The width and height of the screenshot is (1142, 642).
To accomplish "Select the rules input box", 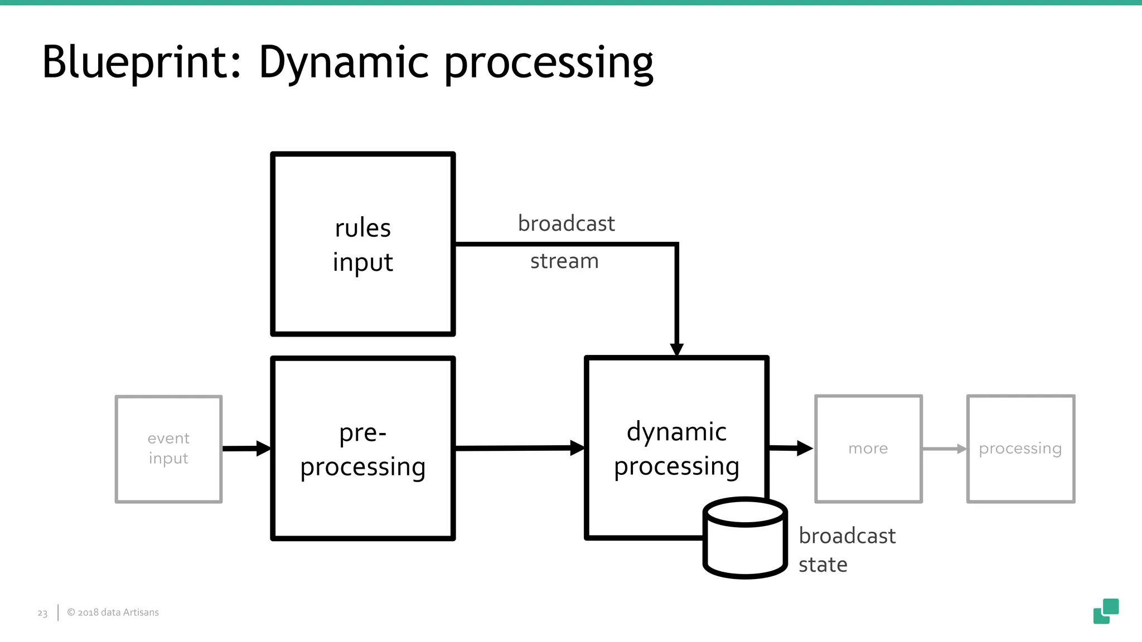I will click(x=363, y=244).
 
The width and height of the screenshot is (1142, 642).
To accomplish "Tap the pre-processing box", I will click(x=363, y=449).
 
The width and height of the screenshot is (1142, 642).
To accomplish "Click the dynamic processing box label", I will click(x=676, y=449).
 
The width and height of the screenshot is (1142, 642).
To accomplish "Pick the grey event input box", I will click(x=168, y=449).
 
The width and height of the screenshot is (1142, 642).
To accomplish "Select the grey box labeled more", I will click(x=868, y=449).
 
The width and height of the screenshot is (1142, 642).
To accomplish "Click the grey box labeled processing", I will click(x=1020, y=449).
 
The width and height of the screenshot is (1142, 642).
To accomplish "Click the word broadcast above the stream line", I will click(x=566, y=223).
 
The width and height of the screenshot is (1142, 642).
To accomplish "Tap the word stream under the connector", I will click(x=564, y=261).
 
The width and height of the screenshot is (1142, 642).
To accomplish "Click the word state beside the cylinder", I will click(x=822, y=565).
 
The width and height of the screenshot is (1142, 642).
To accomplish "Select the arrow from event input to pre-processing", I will click(x=246, y=448).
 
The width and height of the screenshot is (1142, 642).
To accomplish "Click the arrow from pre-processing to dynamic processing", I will click(x=519, y=448).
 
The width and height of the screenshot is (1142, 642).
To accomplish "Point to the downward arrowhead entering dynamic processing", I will click(x=676, y=349).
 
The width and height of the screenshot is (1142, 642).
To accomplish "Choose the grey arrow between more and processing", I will click(x=944, y=449).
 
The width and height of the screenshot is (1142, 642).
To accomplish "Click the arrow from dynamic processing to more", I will click(x=791, y=448).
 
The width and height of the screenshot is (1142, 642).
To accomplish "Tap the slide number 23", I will click(x=42, y=613).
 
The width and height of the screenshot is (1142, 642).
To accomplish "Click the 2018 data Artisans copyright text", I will click(x=113, y=612).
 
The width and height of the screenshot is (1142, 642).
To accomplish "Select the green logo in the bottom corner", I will click(x=1106, y=611).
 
